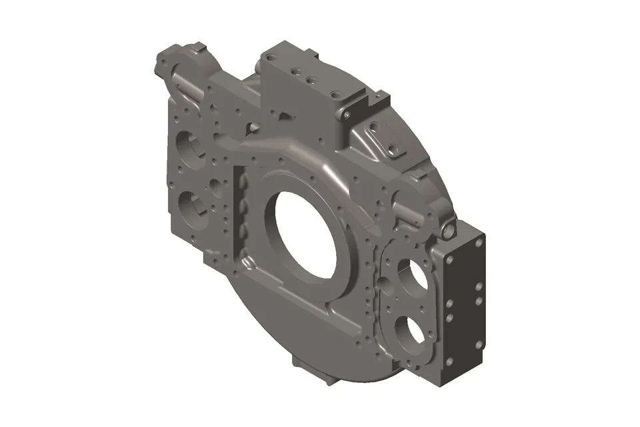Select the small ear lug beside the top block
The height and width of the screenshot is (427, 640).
tap(347, 115)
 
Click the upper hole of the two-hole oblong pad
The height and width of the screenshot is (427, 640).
tap(375, 126)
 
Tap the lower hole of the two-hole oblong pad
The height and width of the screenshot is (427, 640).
tap(393, 149)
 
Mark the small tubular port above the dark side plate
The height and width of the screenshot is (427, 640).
tap(447, 230)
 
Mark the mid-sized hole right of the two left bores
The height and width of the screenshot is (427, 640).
tap(216, 183)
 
